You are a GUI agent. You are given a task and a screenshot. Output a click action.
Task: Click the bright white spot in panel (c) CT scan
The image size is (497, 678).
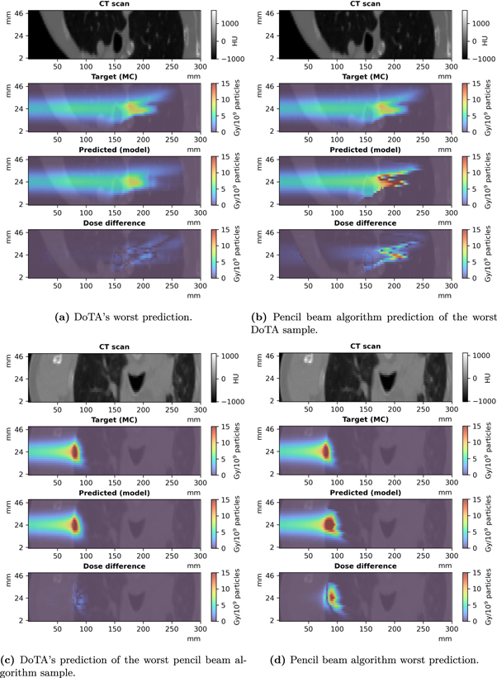tap(56, 359)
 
